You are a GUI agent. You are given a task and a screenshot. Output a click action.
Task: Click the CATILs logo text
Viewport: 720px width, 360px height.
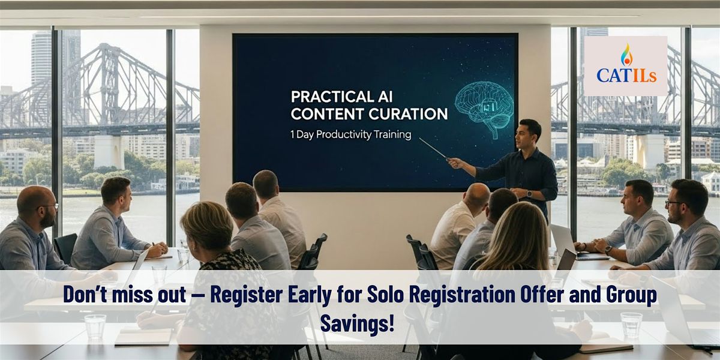pos(626,76)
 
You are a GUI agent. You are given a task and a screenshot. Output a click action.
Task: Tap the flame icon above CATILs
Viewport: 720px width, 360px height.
pos(626,55)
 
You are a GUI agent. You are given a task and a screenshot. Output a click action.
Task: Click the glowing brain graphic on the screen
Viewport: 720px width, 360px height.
pos(484,109)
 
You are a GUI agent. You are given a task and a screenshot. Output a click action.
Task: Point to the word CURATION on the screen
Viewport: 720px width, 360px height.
pos(408,114)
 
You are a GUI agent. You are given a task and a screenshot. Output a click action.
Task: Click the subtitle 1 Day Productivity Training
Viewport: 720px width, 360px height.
pos(350,134)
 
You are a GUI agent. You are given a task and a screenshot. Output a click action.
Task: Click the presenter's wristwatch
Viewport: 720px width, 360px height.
pos(529,194)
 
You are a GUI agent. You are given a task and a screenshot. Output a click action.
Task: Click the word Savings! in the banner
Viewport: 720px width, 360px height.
pos(358,323)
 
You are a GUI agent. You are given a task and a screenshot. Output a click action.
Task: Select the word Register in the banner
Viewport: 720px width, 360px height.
pos(247,294)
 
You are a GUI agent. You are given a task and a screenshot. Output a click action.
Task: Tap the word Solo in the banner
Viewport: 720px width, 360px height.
pos(385,294)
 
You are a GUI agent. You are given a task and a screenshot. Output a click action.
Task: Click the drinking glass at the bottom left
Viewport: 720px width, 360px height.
pos(95,326)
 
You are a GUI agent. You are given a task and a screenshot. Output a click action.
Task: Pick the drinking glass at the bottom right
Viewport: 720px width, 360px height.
pos(631,325)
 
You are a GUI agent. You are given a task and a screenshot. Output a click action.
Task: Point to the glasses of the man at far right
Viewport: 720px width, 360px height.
pos(674,203)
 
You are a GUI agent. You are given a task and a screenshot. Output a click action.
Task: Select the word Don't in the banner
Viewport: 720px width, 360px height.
pos(85,294)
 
